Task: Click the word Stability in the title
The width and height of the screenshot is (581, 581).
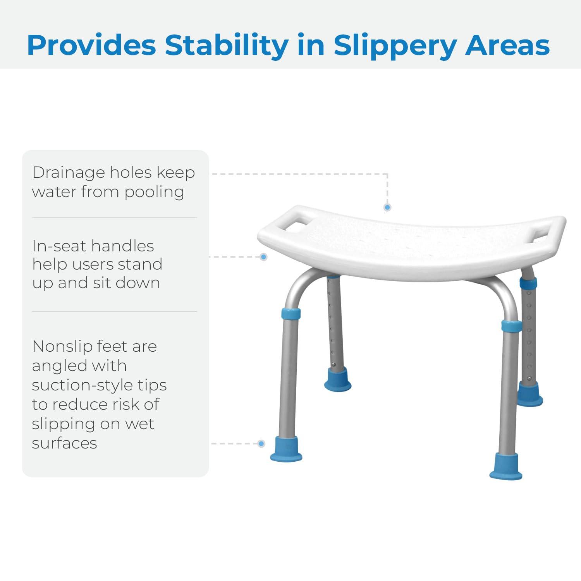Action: (227, 45)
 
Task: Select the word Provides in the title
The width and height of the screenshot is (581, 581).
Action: (91, 45)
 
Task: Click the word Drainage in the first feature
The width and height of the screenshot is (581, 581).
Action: (68, 173)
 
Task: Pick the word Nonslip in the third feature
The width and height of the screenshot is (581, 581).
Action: (64, 346)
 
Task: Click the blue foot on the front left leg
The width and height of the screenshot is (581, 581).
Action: (287, 449)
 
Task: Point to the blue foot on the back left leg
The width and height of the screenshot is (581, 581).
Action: (338, 380)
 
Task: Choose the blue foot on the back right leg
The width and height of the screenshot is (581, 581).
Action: (529, 394)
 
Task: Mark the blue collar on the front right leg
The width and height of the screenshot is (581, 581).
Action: (511, 325)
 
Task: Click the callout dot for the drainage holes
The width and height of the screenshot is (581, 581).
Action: (387, 208)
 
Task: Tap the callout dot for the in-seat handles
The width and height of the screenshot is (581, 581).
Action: (264, 257)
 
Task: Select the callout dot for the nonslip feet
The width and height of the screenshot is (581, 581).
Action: (261, 444)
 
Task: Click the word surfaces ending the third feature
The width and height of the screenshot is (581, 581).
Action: (64, 443)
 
